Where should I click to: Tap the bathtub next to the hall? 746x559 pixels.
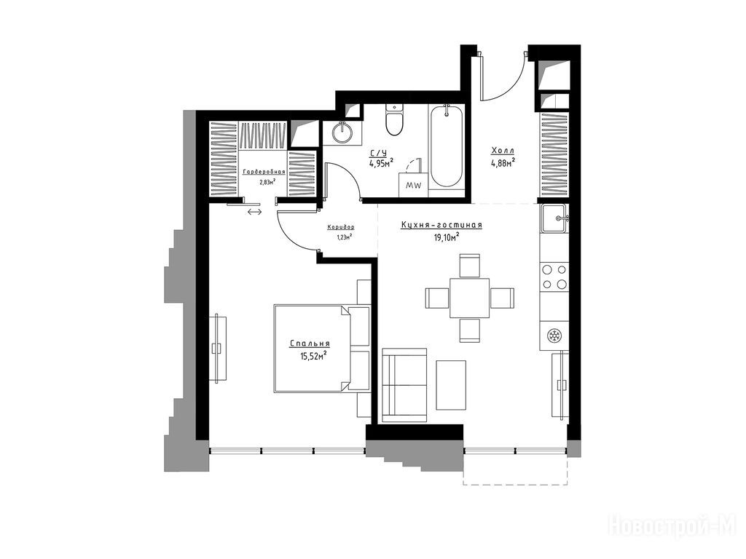(x=445, y=146)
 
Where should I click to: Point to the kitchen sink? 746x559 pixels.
(x=554, y=218)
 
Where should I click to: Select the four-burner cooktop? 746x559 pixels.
(x=554, y=277)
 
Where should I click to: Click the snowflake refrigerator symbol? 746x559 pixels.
(x=554, y=336)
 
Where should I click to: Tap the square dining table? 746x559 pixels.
(x=470, y=298)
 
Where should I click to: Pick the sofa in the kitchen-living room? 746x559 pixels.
(x=404, y=384)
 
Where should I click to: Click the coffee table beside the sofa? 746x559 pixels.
(x=451, y=385)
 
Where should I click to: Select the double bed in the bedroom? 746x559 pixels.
(x=321, y=349)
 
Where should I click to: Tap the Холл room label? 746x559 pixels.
(x=503, y=151)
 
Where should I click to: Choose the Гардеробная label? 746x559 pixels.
(x=264, y=172)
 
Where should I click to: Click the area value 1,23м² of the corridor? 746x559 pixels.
(x=341, y=236)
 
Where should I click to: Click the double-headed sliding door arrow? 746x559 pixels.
(x=254, y=212)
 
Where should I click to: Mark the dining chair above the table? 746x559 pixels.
(x=470, y=265)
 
